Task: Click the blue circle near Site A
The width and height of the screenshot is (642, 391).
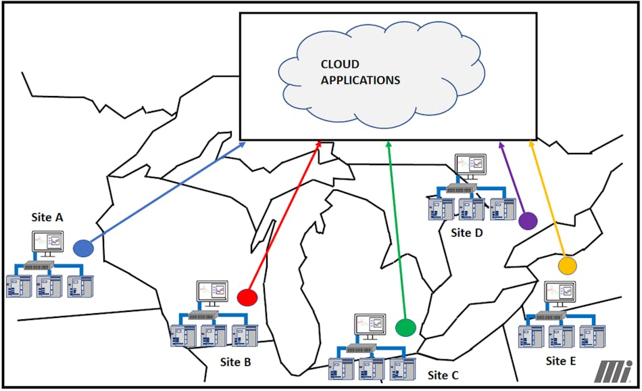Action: click(x=83, y=248)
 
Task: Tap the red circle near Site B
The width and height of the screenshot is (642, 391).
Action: click(x=248, y=296)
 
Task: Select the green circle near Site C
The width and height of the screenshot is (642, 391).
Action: click(x=405, y=327)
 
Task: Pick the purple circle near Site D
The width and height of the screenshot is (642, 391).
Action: click(x=528, y=221)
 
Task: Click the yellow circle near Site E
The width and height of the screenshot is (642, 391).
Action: click(x=567, y=265)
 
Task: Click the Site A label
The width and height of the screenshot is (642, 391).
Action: click(x=47, y=217)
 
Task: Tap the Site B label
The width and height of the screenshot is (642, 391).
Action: click(x=236, y=362)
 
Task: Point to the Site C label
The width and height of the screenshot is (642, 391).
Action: click(x=443, y=375)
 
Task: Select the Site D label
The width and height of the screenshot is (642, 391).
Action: click(x=467, y=233)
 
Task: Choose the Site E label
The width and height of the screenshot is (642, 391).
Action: click(x=561, y=361)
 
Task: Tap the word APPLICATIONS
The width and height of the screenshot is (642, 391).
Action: click(x=360, y=80)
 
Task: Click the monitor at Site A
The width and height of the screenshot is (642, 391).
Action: click(x=48, y=242)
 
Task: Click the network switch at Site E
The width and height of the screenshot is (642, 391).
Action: click(x=551, y=315)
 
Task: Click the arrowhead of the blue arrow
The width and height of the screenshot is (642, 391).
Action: click(x=245, y=143)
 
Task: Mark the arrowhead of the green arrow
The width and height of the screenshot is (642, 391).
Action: click(x=389, y=143)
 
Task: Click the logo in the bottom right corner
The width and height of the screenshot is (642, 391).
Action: click(x=614, y=371)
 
